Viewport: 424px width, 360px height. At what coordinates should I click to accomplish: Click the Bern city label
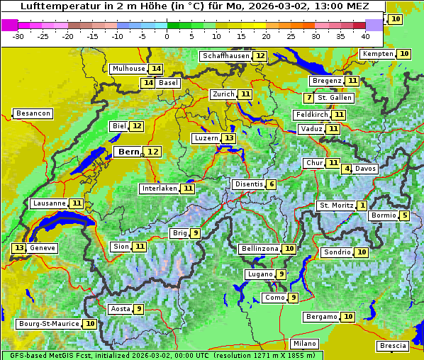click(129, 152)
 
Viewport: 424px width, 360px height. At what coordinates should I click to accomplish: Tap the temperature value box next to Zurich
click(245, 94)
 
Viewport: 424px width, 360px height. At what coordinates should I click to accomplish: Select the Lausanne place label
click(49, 203)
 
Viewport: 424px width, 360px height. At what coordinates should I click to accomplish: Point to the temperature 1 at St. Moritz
click(362, 206)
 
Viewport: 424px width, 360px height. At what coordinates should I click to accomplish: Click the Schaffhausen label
click(225, 56)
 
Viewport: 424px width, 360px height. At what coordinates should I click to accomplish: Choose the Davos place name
click(366, 169)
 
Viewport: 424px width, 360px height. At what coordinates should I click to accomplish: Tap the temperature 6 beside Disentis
click(272, 184)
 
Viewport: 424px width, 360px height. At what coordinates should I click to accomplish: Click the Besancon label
click(33, 113)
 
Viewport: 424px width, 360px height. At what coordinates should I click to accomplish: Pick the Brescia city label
click(394, 346)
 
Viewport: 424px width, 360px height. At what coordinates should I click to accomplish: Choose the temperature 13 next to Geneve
click(18, 248)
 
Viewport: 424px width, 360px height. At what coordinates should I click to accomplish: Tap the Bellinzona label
click(260, 249)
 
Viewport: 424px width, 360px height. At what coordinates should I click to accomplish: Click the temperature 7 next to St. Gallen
click(308, 97)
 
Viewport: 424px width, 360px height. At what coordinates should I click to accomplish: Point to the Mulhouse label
click(128, 69)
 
